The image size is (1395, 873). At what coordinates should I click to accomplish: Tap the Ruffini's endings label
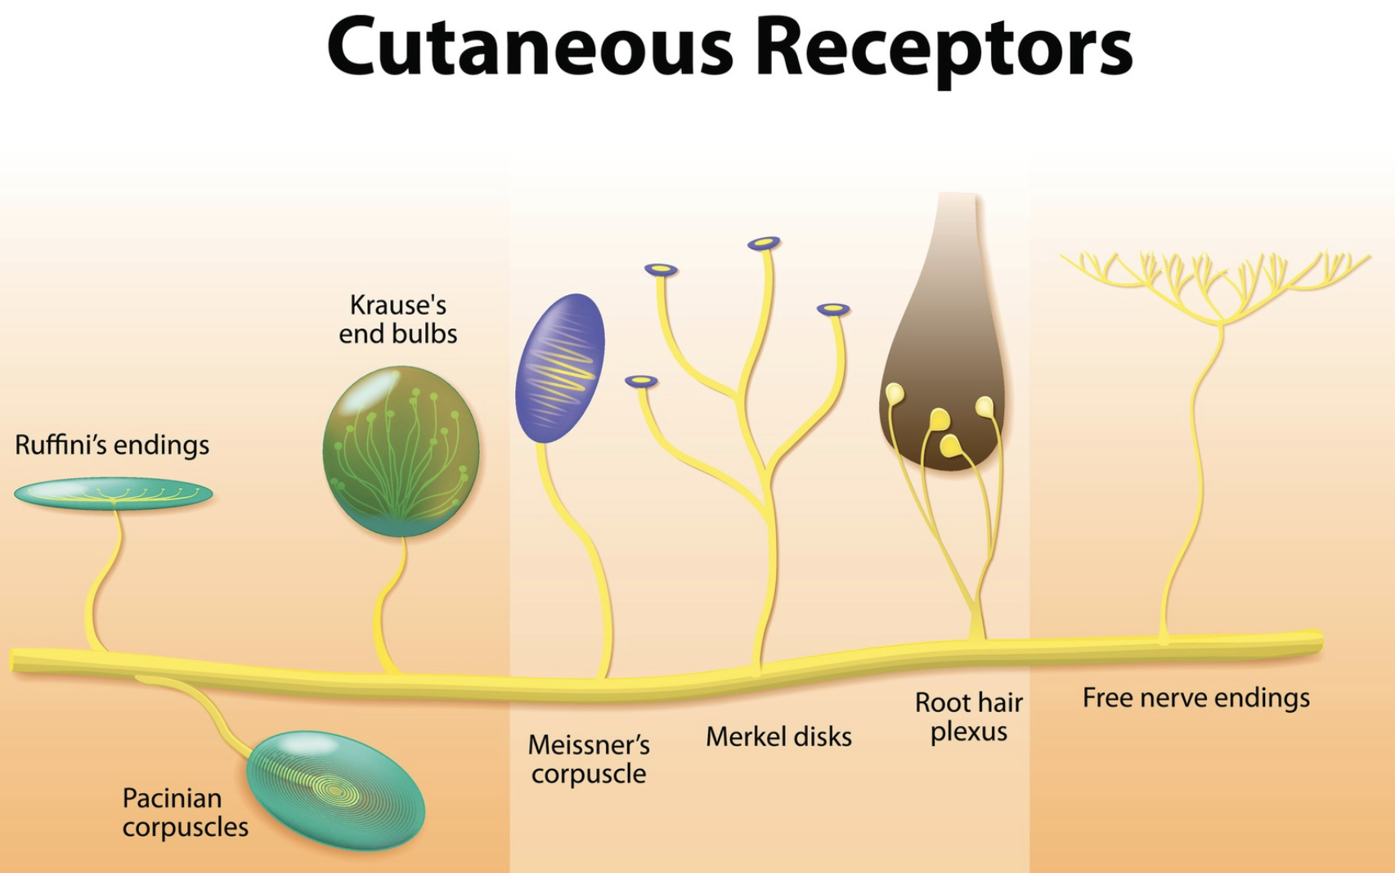pos(112,445)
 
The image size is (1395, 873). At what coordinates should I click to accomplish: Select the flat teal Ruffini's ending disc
pos(113,493)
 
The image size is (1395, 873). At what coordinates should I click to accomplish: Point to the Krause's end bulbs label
pos(398,320)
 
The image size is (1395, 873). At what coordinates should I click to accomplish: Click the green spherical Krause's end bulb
pos(401,451)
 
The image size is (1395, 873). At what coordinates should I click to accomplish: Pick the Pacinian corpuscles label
pos(185,813)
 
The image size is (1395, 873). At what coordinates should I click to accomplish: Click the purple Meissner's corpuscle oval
pos(560,368)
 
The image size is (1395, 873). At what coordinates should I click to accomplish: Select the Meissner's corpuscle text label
pos(589,759)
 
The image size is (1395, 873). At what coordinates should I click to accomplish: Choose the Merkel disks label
pos(778,737)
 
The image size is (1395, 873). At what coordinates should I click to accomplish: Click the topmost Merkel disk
pos(764,243)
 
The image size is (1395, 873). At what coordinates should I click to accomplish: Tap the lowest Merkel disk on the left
pos(641,381)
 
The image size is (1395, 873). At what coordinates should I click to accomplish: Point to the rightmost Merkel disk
pos(833,309)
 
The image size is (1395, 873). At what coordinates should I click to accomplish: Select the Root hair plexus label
pos(969,717)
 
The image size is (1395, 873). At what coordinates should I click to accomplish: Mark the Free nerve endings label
pos(1195,698)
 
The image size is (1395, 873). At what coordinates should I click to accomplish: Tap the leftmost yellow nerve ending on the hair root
pos(895,394)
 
